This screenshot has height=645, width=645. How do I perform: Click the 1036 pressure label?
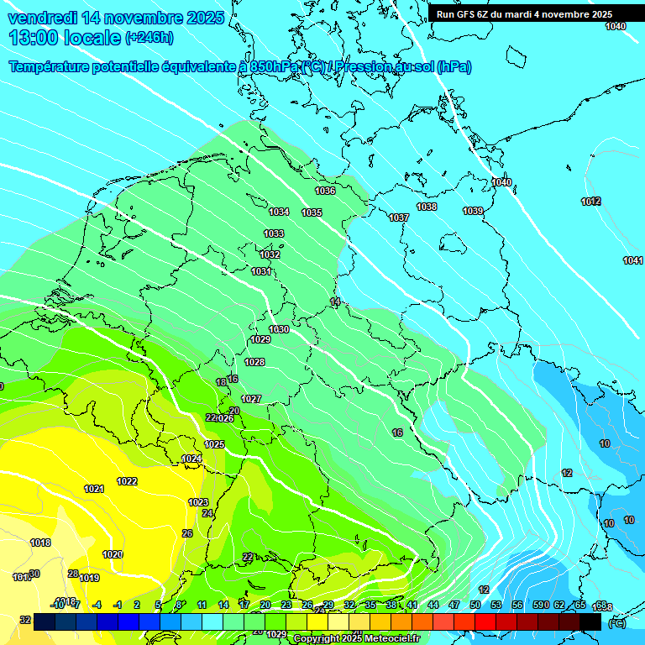pos(325,191)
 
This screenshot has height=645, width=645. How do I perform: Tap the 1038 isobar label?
pos(427,207)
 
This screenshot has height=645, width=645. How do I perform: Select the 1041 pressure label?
pos(632,261)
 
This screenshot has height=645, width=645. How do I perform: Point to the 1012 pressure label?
pos(590,202)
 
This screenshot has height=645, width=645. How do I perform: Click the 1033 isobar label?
pos(274,233)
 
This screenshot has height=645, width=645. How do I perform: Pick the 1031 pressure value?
pos(261,271)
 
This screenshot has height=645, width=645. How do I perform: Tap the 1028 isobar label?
pos(254,362)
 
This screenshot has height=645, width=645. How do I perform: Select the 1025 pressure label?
pos(214,444)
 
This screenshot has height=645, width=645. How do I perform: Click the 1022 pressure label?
pos(127,481)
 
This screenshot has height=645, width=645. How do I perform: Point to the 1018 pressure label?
pos(40,543)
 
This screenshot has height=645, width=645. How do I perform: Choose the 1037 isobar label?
pos(399,218)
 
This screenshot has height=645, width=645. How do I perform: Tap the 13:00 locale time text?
pos(64,38)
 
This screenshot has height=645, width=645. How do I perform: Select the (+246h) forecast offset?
pos(149,38)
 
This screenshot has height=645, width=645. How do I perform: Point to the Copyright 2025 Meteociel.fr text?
pos(357,639)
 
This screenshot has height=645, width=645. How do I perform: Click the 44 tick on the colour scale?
pos(433,605)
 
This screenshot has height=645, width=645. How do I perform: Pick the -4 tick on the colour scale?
pos(97,605)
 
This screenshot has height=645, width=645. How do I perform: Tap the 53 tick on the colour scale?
pos(496,605)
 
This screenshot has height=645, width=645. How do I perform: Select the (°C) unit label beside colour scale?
pos(616,623)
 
